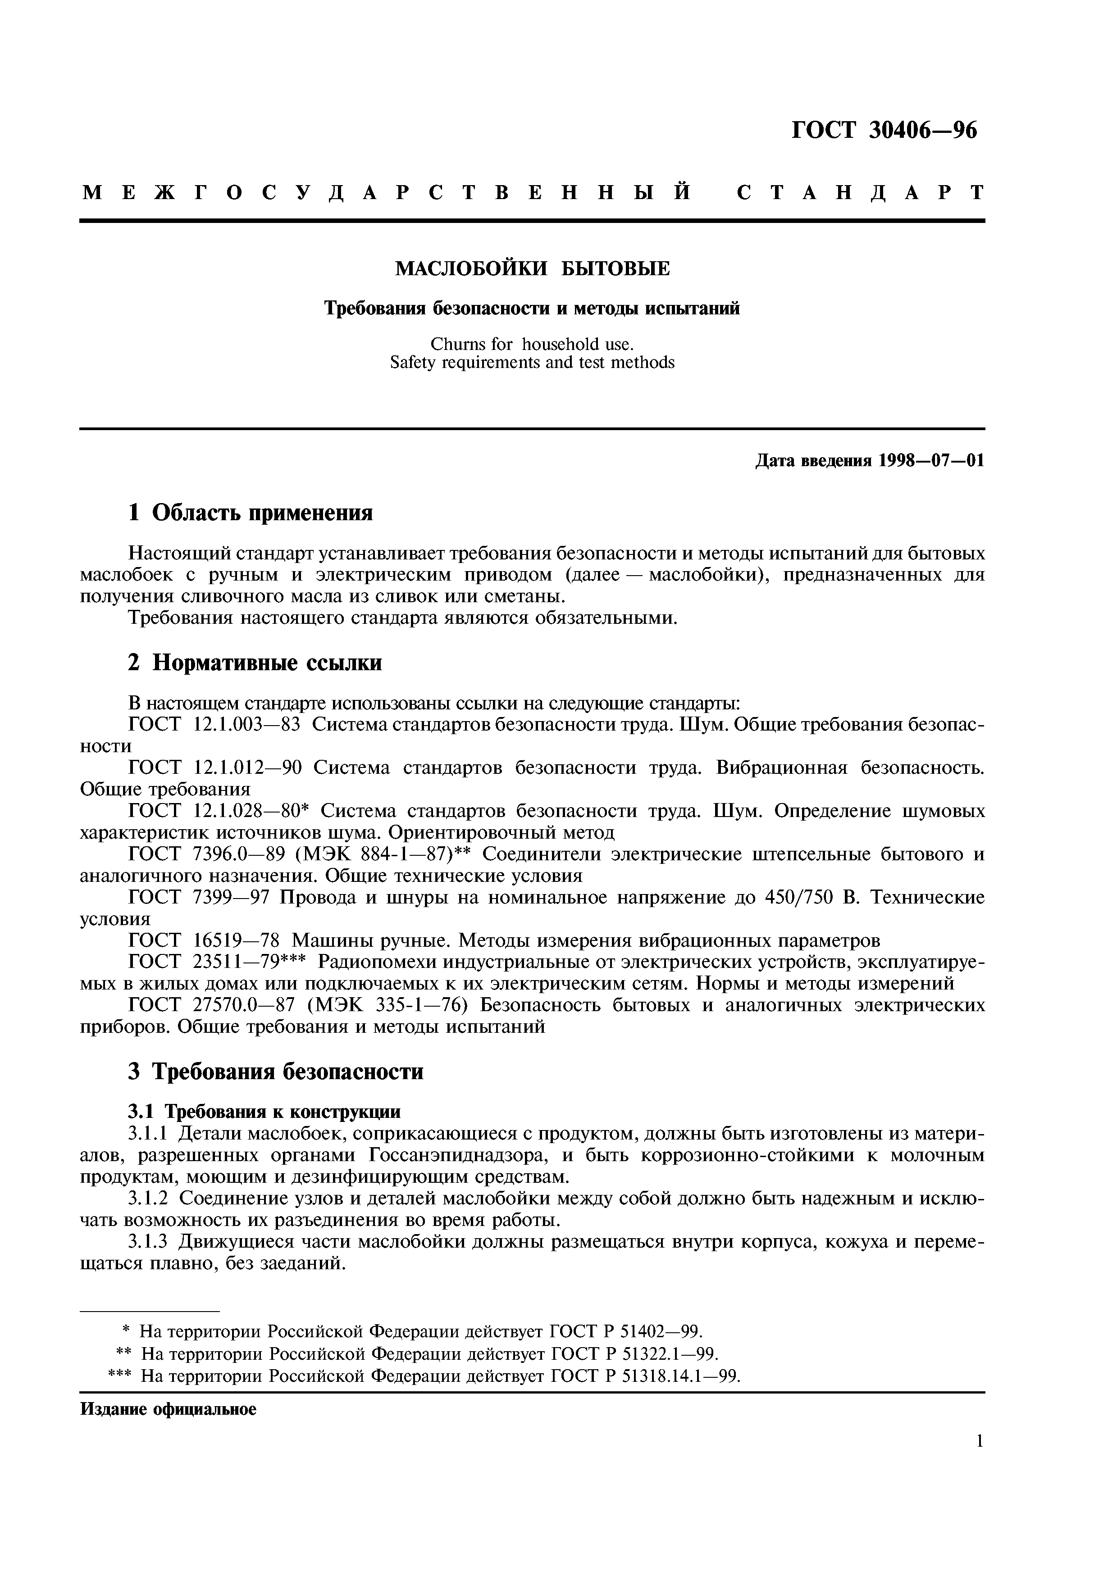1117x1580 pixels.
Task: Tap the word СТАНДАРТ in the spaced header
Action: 860,193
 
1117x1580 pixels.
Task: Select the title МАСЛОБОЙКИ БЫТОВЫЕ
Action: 532,269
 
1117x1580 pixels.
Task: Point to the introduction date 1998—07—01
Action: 931,460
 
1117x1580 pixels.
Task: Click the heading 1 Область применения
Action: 251,513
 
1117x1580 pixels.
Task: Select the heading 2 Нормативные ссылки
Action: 255,663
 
